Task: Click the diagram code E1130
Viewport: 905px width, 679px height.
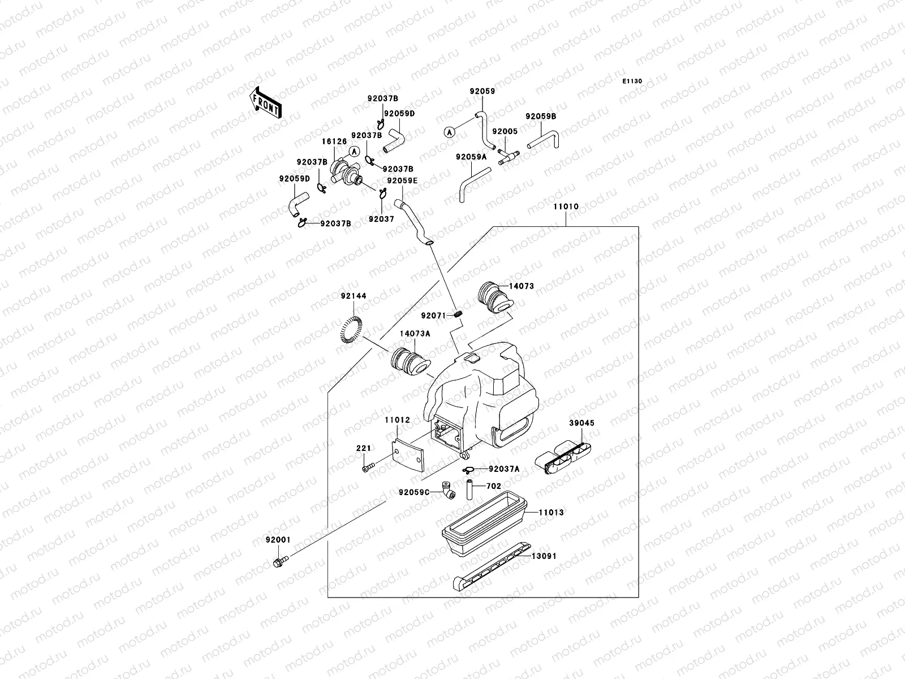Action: (x=633, y=81)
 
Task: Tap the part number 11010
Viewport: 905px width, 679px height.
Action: (x=566, y=207)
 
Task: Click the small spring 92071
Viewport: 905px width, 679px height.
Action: (x=459, y=315)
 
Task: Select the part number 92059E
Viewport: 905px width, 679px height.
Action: (x=402, y=181)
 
